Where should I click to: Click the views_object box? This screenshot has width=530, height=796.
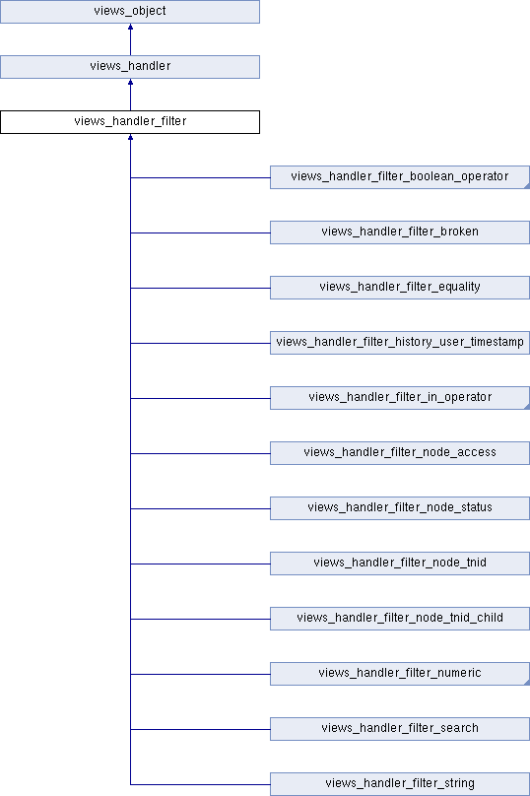pos(130,11)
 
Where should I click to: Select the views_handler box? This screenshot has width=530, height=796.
pos(130,67)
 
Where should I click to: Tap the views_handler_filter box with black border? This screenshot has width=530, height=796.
pos(130,122)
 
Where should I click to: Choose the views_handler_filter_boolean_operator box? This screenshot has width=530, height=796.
pos(400,177)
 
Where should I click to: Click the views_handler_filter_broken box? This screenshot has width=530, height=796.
pos(400,232)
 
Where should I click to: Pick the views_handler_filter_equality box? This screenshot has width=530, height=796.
pos(400,288)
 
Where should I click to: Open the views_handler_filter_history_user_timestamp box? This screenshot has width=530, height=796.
pos(400,343)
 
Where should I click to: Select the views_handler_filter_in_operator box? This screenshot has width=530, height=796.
pos(400,397)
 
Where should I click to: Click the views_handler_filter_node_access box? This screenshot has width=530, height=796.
pos(400,453)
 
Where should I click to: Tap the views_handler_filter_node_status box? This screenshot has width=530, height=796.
pos(400,508)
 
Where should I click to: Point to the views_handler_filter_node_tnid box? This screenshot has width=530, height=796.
pos(400,563)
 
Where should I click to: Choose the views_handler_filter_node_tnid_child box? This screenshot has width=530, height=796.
pos(400,619)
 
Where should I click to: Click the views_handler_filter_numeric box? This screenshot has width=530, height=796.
pos(400,674)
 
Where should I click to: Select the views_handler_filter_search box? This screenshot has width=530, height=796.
pos(400,728)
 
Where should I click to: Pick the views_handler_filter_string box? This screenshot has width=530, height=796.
pos(400,784)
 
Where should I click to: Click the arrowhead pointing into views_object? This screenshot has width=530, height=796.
pos(130,27)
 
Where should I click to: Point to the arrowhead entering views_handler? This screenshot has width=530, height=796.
pos(130,82)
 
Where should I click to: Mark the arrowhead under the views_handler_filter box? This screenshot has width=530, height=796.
pos(130,137)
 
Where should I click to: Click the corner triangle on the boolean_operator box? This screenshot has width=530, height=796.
pos(527,186)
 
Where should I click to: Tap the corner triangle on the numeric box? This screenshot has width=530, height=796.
pos(527,683)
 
